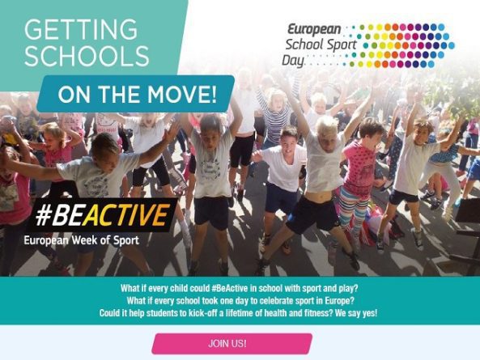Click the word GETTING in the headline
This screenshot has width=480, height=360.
80,31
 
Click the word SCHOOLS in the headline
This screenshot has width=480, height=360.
87,57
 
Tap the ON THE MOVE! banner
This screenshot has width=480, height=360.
138,95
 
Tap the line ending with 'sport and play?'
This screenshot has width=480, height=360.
240,288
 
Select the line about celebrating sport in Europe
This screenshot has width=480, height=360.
240,300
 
